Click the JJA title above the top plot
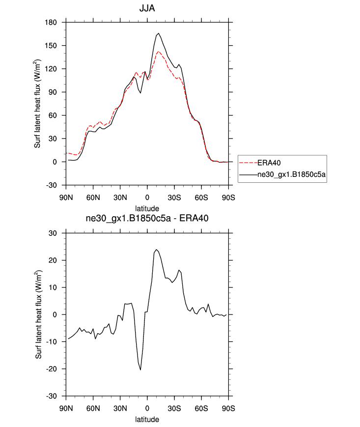147,8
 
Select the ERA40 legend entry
270,163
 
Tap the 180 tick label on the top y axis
52,23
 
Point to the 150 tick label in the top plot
52,46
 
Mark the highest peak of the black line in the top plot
158,33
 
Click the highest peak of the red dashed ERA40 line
158,51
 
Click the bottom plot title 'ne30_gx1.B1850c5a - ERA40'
147,219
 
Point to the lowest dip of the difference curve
140,370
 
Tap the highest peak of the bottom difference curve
156,250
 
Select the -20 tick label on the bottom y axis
52,369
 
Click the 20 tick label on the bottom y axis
54,260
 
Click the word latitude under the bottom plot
147,420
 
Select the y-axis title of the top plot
38,104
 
